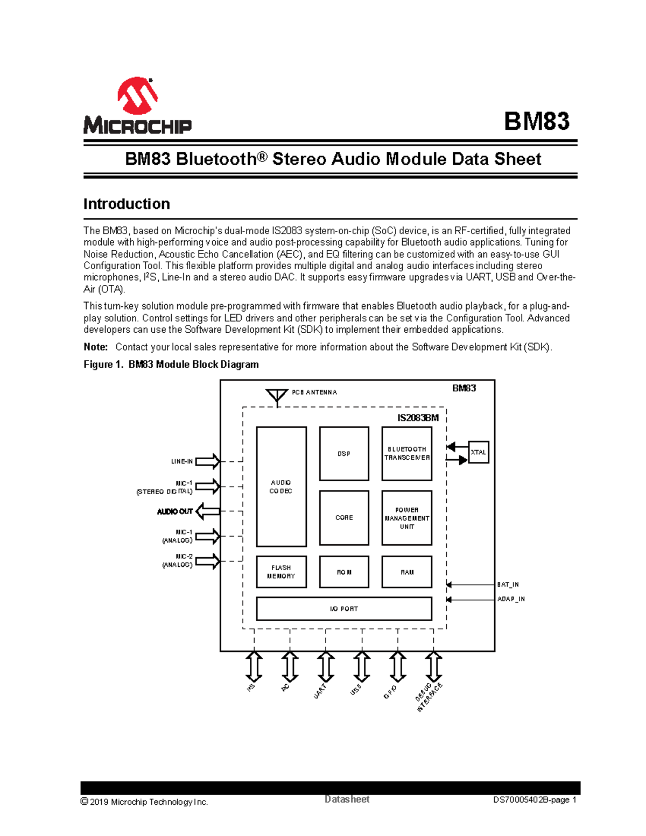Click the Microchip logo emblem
coord(138,96)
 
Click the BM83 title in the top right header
coord(536,121)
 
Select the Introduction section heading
coord(127,204)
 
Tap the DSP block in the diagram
coord(344,453)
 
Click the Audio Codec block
coord(281,487)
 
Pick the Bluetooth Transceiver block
coord(406,453)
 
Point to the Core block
coord(344,517)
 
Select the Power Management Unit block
coord(406,517)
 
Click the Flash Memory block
coord(281,572)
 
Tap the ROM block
coord(344,572)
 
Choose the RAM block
coord(406,572)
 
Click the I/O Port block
coord(344,608)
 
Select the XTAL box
coord(478,452)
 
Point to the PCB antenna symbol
coord(277,397)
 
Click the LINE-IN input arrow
coord(208,461)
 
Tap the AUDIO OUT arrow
coord(207,511)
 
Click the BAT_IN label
coord(508,585)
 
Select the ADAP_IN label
coord(511,599)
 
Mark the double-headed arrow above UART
coord(325,666)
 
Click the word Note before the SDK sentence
coord(95,347)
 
